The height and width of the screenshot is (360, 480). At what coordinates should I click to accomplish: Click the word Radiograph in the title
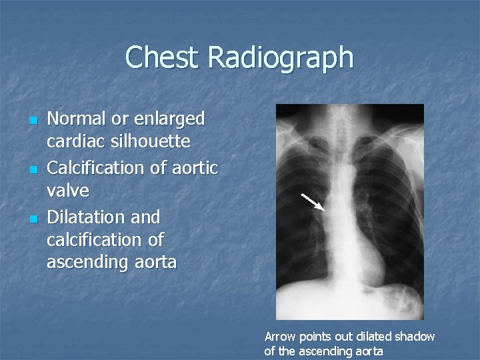(280, 59)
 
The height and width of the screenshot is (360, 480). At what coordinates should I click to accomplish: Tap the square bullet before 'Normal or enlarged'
(33, 121)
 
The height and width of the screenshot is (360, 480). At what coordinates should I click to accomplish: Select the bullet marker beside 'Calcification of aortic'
(33, 170)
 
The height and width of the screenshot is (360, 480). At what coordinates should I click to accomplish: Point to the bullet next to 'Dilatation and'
(33, 219)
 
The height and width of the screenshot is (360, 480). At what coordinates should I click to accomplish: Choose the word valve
(67, 191)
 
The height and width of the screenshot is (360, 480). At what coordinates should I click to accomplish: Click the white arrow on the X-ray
(313, 202)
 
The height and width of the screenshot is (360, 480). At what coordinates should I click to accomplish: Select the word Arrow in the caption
(279, 337)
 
